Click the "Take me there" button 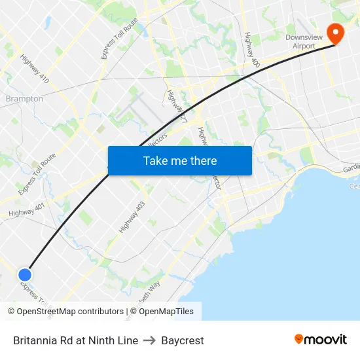click(179, 160)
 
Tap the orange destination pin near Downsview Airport click(335, 33)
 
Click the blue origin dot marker click(25, 276)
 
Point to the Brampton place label click(24, 99)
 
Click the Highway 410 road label click(35, 68)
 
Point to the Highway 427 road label click(177, 107)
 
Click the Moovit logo click(320, 340)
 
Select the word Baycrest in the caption click(183, 340)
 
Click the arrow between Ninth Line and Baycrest click(150, 340)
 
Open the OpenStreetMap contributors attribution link click(70, 312)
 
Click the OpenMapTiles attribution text click(166, 312)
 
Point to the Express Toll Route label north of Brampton click(120, 39)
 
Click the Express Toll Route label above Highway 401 click(37, 173)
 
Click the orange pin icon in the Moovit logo click(299, 340)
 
